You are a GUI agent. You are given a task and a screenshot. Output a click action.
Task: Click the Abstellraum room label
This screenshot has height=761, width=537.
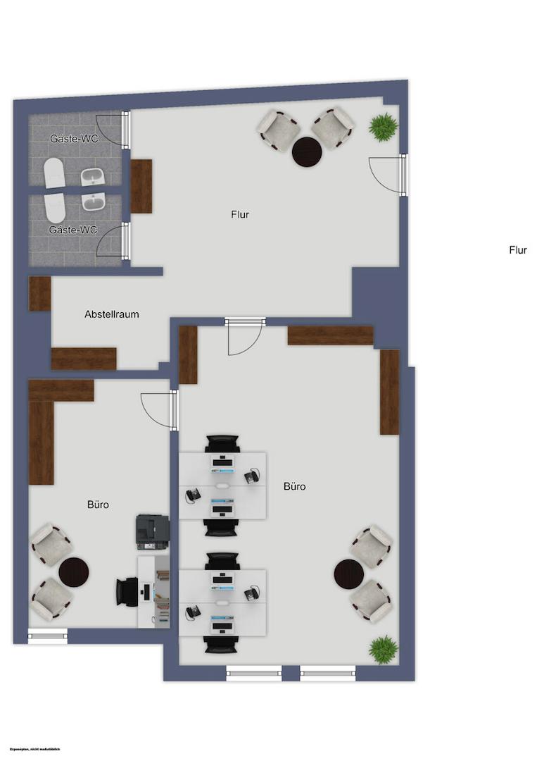click(x=111, y=314)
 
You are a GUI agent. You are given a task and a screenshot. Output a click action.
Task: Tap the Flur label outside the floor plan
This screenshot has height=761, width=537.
click(x=517, y=249)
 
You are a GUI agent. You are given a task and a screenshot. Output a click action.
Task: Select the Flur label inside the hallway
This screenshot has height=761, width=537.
click(x=240, y=214)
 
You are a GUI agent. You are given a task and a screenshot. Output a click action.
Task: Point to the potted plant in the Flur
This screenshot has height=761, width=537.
click(x=383, y=128)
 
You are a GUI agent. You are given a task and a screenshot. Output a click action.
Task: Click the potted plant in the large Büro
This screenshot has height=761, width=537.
click(x=384, y=649)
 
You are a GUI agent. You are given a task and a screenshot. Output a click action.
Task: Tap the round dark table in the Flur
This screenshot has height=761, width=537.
click(x=307, y=151)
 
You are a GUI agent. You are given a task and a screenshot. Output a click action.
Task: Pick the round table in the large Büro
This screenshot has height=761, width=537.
click(x=349, y=574)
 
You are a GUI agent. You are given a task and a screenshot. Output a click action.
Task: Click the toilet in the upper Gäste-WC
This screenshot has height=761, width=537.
click(x=53, y=173)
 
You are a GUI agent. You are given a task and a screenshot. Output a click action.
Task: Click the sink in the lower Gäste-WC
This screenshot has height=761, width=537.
click(x=92, y=202)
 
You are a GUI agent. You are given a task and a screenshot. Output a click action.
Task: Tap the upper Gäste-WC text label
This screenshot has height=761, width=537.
click(x=74, y=139)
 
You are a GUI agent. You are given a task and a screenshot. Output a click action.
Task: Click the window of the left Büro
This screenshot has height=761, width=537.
click(x=48, y=636)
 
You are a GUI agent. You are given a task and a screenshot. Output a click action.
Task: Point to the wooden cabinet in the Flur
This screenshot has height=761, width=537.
click(x=141, y=186)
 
